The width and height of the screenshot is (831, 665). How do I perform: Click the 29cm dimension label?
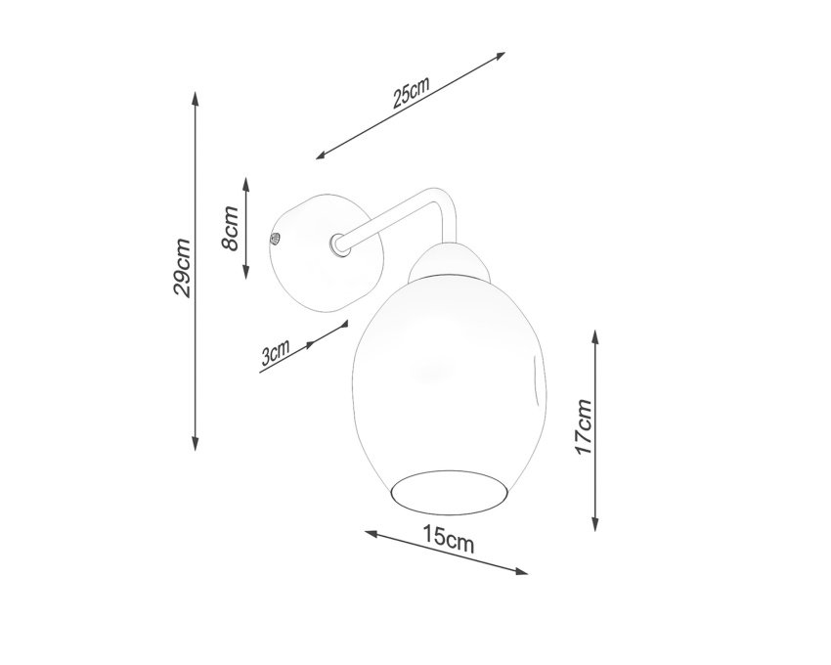[x=182, y=268]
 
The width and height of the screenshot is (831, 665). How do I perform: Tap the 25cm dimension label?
[x=411, y=92]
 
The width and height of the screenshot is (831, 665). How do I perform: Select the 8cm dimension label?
[x=231, y=228]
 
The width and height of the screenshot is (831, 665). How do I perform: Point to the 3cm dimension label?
[x=276, y=353]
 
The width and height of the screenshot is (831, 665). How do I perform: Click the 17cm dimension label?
[x=584, y=427]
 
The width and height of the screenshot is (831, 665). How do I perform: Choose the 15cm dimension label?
[x=449, y=539]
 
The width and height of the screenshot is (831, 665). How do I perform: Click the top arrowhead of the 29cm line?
[x=195, y=99]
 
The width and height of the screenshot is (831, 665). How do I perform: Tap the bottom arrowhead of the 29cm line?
[x=195, y=444]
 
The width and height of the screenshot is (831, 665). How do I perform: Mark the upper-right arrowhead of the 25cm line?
[x=499, y=56]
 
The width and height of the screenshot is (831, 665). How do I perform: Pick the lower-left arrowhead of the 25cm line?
[x=323, y=155]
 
